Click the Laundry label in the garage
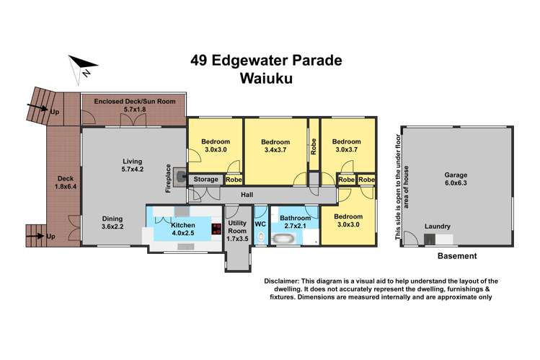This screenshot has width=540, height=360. click(x=438, y=225)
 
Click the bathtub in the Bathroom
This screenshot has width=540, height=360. click(x=286, y=236)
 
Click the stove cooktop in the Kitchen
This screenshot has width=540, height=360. click(x=216, y=229)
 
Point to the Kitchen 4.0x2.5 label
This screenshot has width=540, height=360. click(x=183, y=229)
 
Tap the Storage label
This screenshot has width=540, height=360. click(x=205, y=180)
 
